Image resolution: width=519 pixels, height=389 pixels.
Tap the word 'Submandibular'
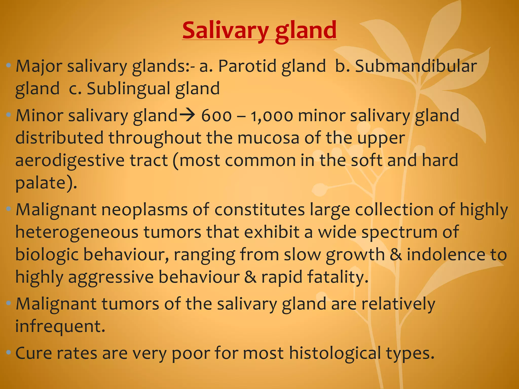(416, 66)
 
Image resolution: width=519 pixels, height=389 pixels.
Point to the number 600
(216, 116)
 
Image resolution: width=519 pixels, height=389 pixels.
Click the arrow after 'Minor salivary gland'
(187, 115)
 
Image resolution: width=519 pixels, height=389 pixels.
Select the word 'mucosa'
(268, 138)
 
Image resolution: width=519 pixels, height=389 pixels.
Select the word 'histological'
(335, 353)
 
